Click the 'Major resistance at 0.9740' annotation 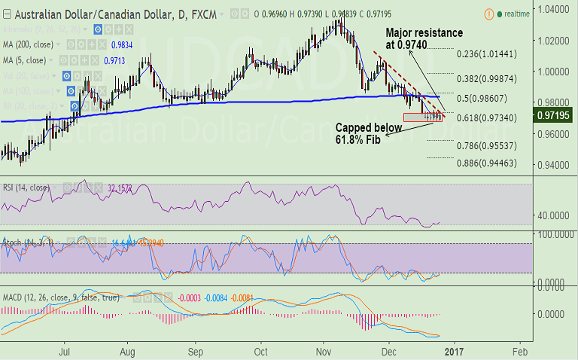(x=424, y=39)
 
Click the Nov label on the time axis (x=324, y=352)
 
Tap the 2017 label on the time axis (x=453, y=352)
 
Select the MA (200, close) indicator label (x=29, y=44)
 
